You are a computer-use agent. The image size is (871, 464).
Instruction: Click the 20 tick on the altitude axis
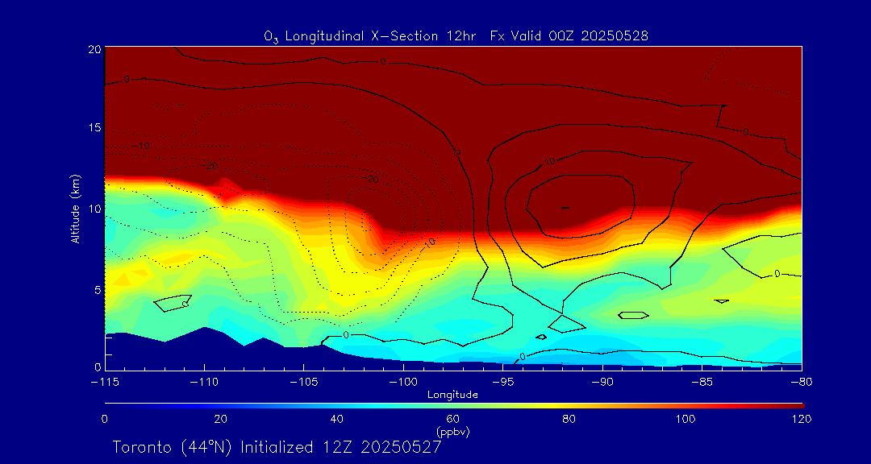94,49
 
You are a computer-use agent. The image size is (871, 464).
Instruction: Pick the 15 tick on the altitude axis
94,129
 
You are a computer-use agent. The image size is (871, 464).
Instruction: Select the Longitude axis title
453,395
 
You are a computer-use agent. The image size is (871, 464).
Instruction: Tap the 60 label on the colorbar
453,419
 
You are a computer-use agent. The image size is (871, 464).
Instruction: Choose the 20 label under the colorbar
220,419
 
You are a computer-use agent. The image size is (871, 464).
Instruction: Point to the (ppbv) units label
453,432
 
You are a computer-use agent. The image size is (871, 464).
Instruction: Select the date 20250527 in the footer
401,447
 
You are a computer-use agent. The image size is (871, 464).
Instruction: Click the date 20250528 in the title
614,35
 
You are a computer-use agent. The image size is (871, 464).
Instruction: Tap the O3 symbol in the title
270,36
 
